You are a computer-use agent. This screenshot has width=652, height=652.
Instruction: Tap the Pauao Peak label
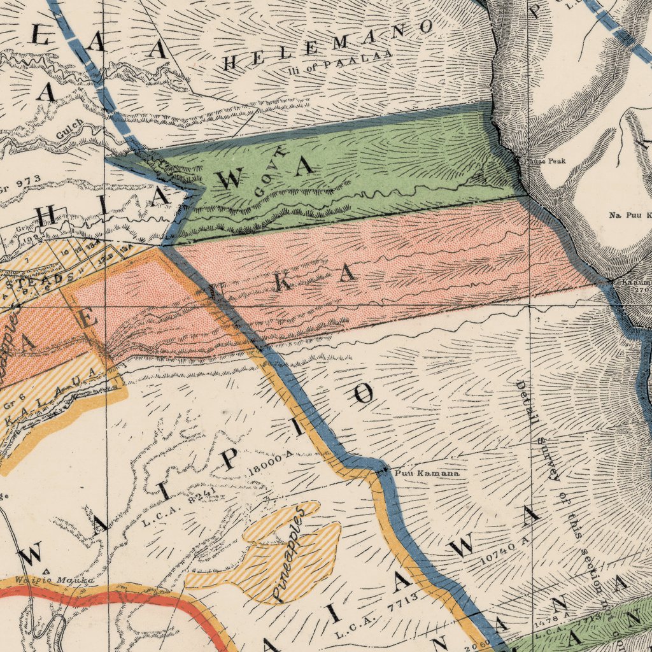click(x=544, y=161)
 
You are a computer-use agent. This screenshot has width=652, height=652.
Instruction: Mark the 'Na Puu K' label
click(x=630, y=216)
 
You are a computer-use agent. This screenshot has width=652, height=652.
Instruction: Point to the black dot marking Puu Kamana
click(x=385, y=471)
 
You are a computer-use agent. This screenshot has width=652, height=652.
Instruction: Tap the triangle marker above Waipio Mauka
click(x=46, y=570)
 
